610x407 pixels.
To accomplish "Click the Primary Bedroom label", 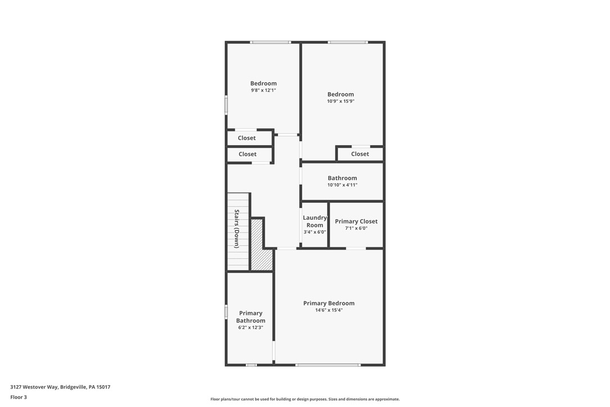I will pos(329,303).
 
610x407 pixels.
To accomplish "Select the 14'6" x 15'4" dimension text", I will pos(329,310).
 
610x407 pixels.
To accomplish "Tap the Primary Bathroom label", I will pos(251,317).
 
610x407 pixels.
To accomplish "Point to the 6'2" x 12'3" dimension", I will pos(251,327).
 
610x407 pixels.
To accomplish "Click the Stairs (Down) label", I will pos(237,229).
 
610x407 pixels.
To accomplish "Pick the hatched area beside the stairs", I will pos(259,247).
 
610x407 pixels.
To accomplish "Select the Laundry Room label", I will pos(315,221).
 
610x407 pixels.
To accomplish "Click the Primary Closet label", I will pos(356,221).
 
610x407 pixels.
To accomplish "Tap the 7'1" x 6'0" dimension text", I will pos(356,228).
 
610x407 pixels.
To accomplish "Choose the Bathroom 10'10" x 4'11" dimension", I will pos(342,185).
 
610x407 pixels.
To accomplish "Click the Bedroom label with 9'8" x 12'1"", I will pos(263,83).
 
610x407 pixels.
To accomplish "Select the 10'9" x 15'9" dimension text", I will pos(340,101).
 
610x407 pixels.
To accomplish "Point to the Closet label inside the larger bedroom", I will pos(360,154).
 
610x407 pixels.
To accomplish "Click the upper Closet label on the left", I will pos(247,138).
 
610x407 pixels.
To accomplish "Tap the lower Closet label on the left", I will pos(247,154).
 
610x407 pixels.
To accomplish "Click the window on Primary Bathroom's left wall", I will pos(226,312).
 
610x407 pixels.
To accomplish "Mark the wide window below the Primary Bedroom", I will pos(328,365).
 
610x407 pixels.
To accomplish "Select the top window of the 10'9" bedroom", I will pos(348,42).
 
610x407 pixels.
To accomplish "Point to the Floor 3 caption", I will pos(19,397).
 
